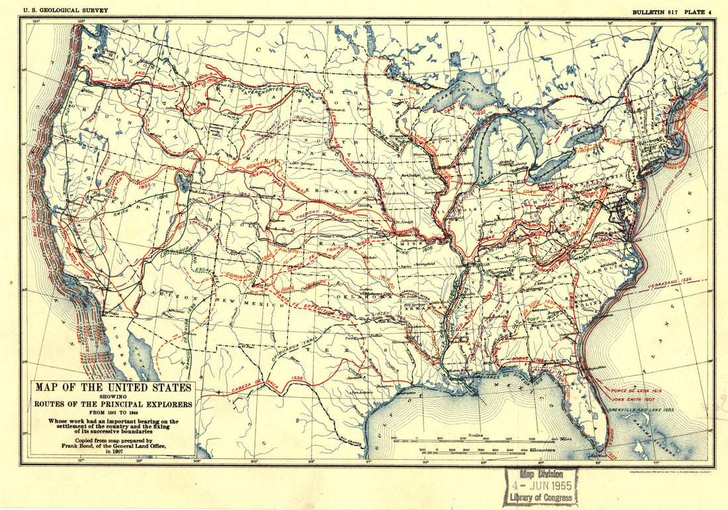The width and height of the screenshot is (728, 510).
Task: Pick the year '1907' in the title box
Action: [114, 452]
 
